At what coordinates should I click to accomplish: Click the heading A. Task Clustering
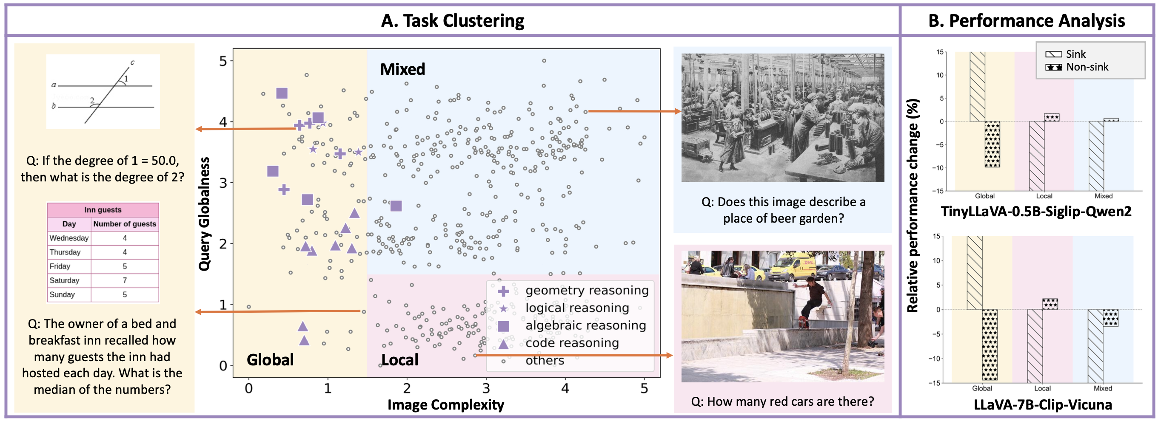[x=452, y=21]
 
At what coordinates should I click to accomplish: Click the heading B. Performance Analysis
[x=1026, y=21]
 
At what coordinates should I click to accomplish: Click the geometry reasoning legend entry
[x=586, y=291]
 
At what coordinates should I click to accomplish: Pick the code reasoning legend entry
[x=572, y=343]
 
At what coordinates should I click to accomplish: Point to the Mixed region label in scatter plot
[x=402, y=69]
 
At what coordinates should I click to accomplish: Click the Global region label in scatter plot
[x=270, y=360]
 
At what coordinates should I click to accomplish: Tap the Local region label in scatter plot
[x=399, y=360]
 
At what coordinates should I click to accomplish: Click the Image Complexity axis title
[x=445, y=405]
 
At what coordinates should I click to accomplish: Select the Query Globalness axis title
[x=205, y=214]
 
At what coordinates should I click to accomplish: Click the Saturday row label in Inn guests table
[x=64, y=280]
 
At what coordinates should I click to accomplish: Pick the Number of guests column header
[x=125, y=223]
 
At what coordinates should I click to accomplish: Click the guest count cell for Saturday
[x=125, y=280]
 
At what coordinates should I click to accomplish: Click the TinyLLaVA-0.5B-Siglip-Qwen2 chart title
[x=1036, y=211]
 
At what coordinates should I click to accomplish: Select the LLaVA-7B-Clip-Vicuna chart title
[x=1042, y=405]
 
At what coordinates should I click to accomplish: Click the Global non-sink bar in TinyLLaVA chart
[x=992, y=144]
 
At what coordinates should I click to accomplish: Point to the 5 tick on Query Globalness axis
[x=223, y=61]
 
